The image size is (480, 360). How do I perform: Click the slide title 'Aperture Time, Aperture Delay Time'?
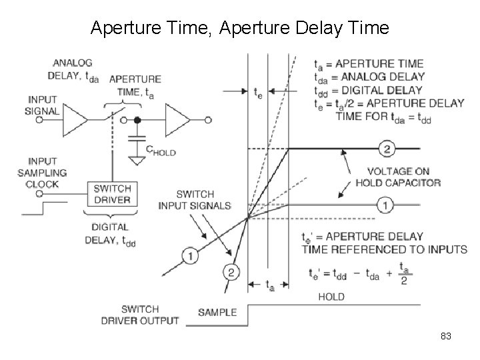tap(239, 28)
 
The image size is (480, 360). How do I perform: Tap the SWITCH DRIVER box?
tap(111, 193)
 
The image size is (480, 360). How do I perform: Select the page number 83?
tap(446, 337)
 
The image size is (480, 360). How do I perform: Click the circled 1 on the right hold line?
tap(384, 205)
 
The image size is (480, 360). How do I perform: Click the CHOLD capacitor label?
tap(160, 152)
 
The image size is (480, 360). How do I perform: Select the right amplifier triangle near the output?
tap(178, 120)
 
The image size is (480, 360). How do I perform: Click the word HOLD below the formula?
tap(331, 296)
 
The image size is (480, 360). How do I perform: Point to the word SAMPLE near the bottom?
tap(217, 312)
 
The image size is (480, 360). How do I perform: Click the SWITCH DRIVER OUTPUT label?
tap(140, 315)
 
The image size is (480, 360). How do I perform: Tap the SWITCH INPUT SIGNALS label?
tap(194, 199)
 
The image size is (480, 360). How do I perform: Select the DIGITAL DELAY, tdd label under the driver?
tap(111, 234)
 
